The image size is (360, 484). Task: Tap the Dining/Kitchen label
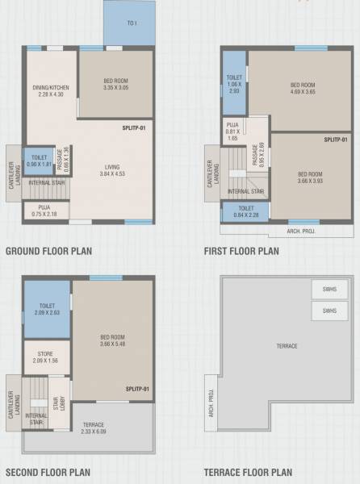(50, 90)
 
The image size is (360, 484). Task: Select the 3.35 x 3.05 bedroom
(116, 85)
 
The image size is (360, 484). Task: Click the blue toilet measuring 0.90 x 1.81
(39, 161)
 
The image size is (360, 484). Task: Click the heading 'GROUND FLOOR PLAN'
(48, 251)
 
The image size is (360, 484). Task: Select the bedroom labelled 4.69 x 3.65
(302, 89)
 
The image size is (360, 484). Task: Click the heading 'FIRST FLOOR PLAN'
(241, 251)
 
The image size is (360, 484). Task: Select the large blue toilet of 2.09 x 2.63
(47, 310)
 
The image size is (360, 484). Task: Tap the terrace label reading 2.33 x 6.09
(94, 428)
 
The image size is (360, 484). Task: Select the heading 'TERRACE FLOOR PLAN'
(248, 473)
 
